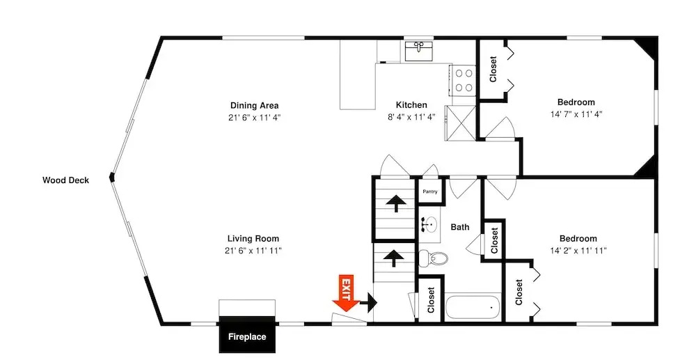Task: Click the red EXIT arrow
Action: click(346, 293)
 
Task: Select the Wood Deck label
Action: click(65, 180)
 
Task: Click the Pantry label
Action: click(429, 191)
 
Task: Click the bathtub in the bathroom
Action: click(473, 307)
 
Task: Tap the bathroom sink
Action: click(429, 225)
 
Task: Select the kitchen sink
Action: click(418, 51)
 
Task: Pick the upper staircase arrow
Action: click(395, 203)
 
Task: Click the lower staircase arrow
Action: click(393, 258)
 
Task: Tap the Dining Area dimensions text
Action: click(254, 118)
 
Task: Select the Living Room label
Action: click(253, 238)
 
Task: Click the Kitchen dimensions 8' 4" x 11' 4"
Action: click(411, 117)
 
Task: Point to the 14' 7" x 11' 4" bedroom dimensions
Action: click(576, 114)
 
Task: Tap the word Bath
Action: click(460, 227)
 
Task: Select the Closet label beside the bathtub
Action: click(431, 300)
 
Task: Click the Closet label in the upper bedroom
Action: click(493, 69)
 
